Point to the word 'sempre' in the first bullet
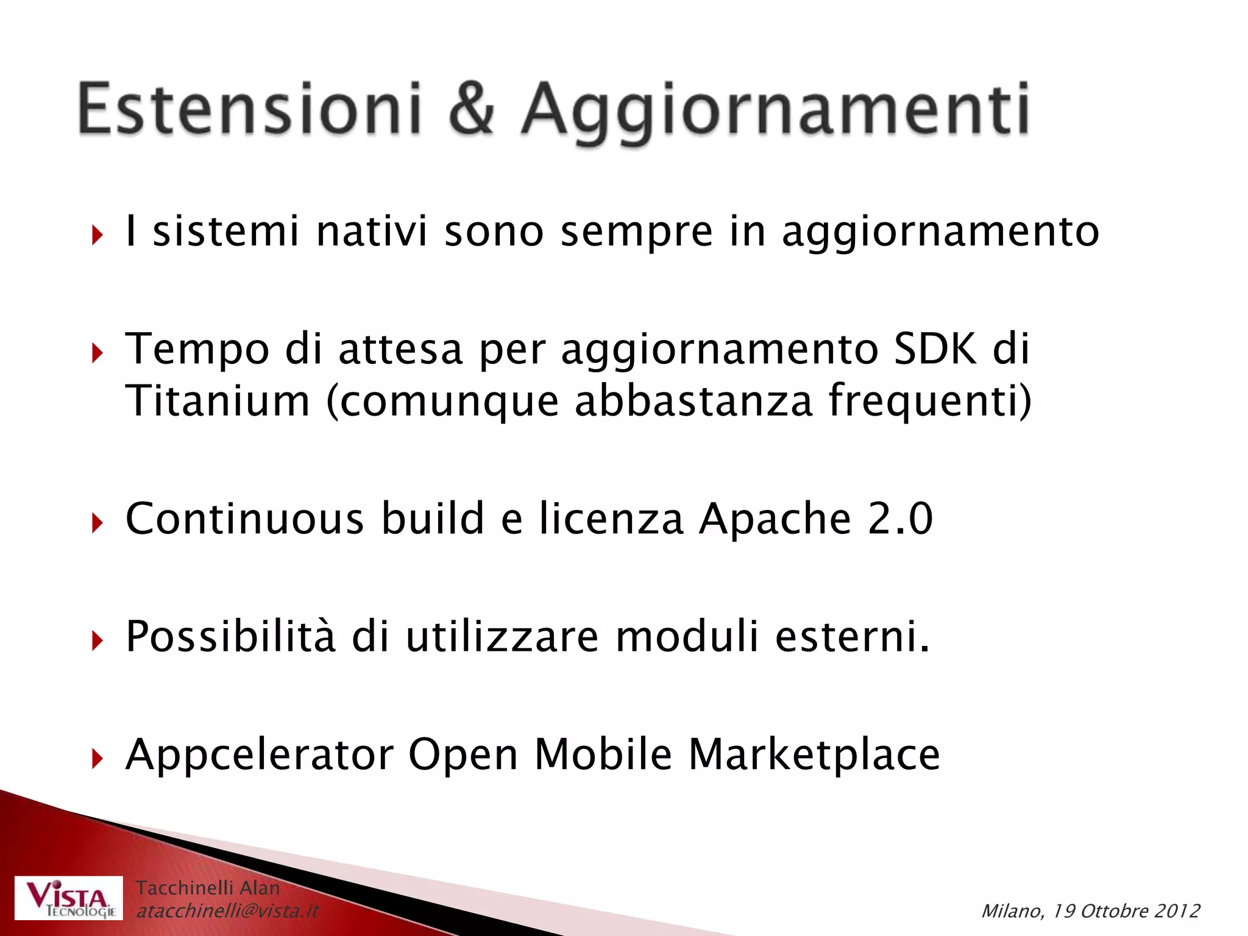coord(636,233)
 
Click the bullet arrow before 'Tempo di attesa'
coord(97,353)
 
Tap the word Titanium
coord(218,401)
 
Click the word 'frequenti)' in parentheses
coord(930,401)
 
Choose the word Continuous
coord(244,519)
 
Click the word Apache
coord(775,519)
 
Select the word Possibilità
coord(230,637)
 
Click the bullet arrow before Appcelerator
coord(97,759)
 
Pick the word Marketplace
coord(814,756)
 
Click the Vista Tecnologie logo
coord(69,898)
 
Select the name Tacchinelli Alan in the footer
coord(207,888)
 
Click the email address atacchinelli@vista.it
coord(227,911)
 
